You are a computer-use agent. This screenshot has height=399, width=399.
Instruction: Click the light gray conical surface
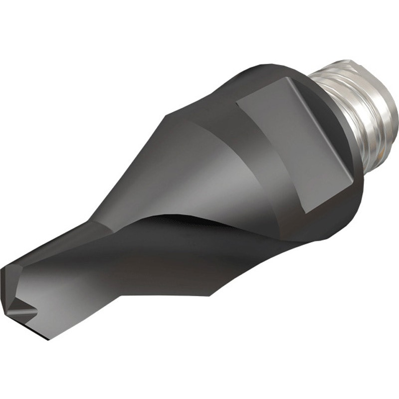pyautogui.click(x=199, y=165)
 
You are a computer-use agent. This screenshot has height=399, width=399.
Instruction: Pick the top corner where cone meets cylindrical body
pyautogui.click(x=167, y=116)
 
